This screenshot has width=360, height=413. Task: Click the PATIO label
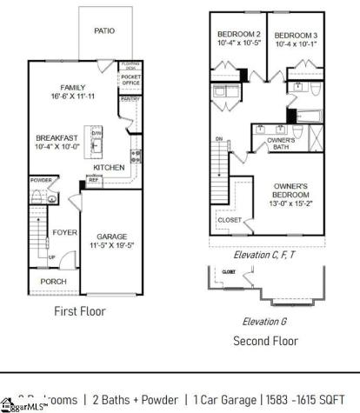(103, 30)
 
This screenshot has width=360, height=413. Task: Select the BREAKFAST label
(57, 138)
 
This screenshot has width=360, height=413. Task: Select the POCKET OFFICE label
(130, 81)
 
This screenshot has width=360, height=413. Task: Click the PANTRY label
(130, 99)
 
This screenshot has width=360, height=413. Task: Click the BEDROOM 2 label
(236, 34)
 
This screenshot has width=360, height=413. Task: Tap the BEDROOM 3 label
(296, 34)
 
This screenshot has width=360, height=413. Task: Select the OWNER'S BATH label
(280, 143)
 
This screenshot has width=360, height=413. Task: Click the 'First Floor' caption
(80, 311)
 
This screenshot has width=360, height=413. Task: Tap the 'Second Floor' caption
(266, 341)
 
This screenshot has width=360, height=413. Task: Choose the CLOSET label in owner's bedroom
(230, 220)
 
